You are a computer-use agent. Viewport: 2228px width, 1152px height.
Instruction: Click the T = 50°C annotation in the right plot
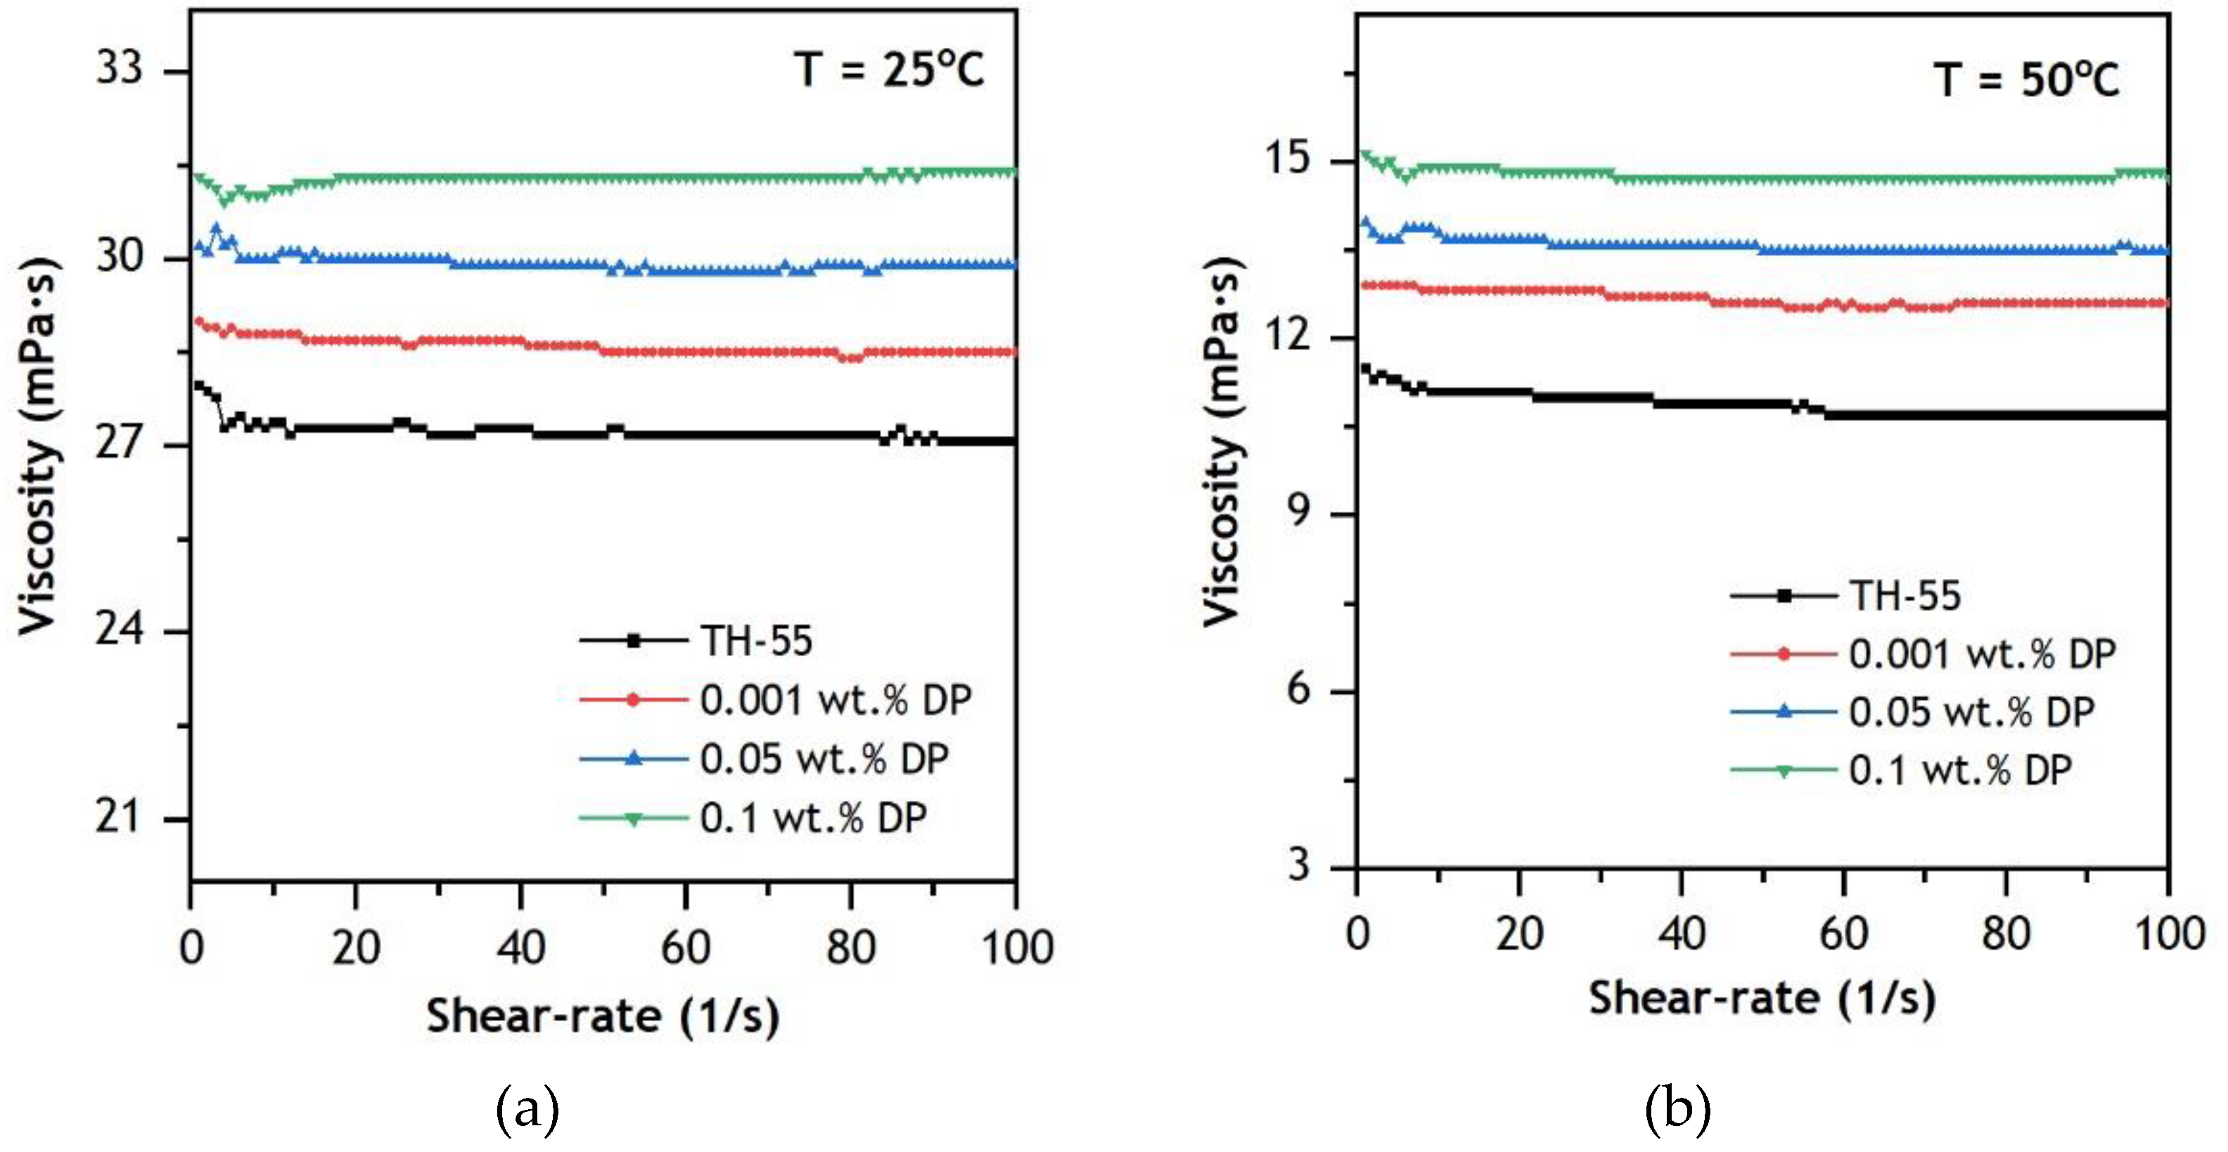tap(2026, 80)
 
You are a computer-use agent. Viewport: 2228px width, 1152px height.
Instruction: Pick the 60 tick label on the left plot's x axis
tap(685, 948)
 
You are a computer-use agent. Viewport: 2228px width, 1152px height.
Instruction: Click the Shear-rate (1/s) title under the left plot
tap(603, 1016)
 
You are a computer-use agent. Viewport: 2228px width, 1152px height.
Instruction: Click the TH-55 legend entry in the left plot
tap(756, 641)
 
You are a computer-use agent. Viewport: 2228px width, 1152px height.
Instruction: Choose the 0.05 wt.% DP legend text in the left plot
tap(824, 758)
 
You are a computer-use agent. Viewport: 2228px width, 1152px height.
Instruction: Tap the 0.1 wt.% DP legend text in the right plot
tap(1960, 769)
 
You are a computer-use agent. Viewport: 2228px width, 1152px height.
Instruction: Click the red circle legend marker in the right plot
tap(1783, 654)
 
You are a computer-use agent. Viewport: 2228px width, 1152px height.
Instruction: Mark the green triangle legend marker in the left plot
tap(633, 818)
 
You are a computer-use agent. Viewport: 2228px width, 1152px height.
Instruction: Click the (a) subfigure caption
tap(527, 1109)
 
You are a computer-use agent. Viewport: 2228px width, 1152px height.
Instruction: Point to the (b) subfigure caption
tap(1677, 1109)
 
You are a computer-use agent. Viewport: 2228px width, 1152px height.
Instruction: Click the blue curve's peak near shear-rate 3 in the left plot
tap(216, 229)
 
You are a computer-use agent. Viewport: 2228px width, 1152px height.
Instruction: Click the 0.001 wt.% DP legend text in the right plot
tap(1983, 654)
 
